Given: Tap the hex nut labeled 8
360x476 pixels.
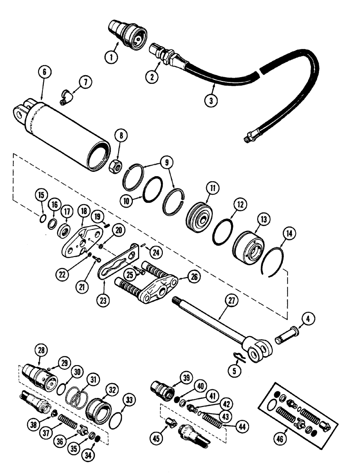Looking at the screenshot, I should tap(116, 167).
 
